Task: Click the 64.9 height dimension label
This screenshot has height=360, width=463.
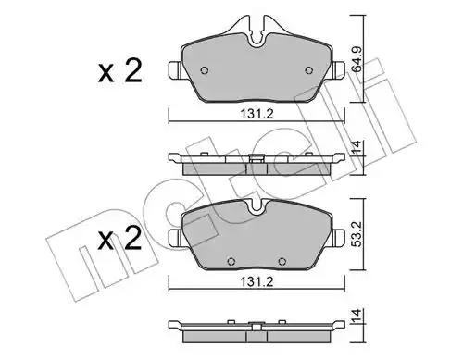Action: [x=357, y=59]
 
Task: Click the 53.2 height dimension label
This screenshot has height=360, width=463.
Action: [x=357, y=233]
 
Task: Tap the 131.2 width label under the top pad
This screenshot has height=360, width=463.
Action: [x=257, y=115]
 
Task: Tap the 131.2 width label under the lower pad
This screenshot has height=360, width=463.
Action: [x=257, y=281]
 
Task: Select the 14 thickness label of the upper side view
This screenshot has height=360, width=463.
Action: [x=357, y=147]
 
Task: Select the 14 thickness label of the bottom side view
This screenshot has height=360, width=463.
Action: [x=357, y=315]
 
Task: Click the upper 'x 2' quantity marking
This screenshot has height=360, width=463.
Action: [x=120, y=71]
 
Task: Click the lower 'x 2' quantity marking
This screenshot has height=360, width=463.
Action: [x=120, y=239]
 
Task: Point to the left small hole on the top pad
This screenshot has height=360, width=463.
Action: [x=205, y=70]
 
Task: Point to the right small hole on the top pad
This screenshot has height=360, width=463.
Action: [x=309, y=70]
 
